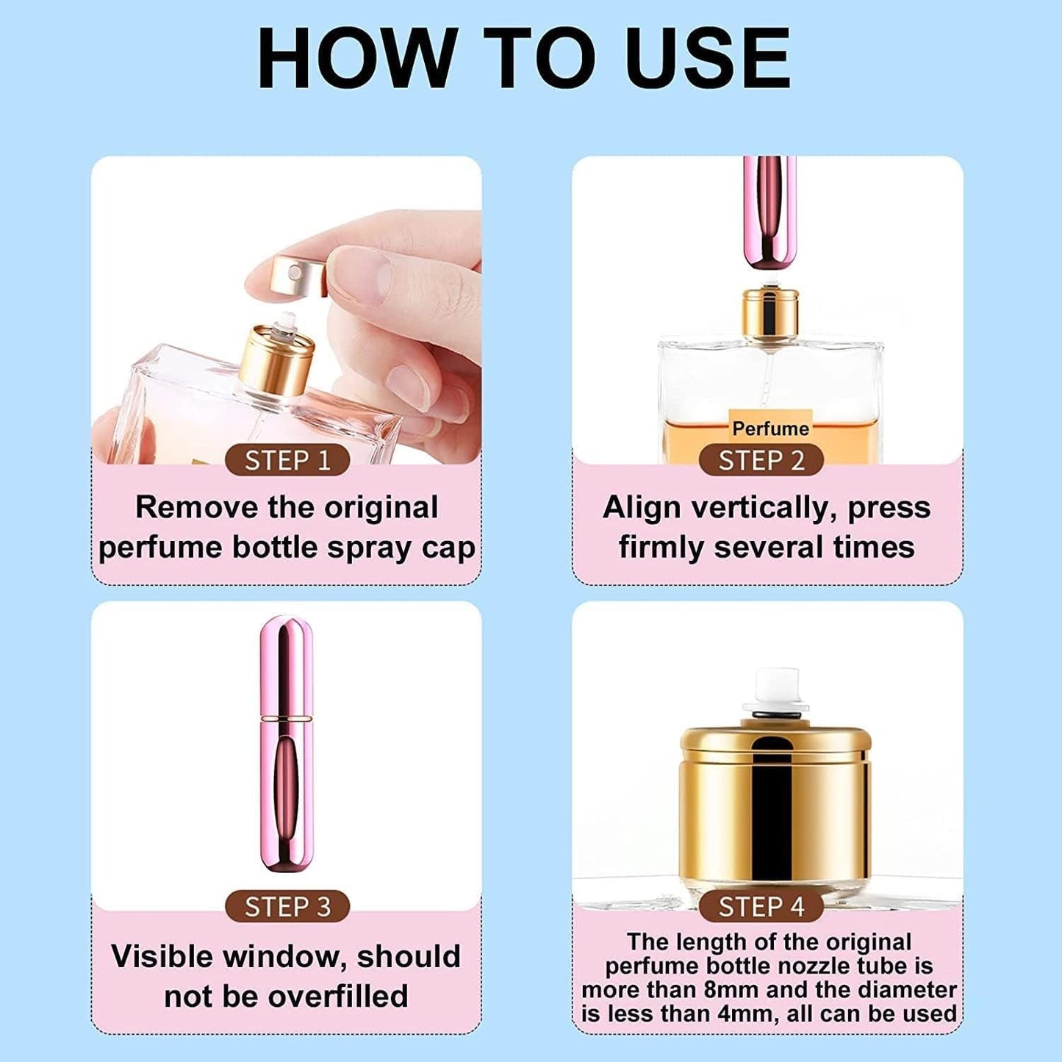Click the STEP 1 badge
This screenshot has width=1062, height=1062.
pos(287,460)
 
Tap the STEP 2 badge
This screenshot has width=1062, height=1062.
pos(761,460)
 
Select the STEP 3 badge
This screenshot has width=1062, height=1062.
pos(287,906)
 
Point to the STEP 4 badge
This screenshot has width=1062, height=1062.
pos(761,906)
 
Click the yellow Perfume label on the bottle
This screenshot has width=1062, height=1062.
pos(770,428)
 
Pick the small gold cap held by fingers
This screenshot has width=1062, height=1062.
pos(298,276)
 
